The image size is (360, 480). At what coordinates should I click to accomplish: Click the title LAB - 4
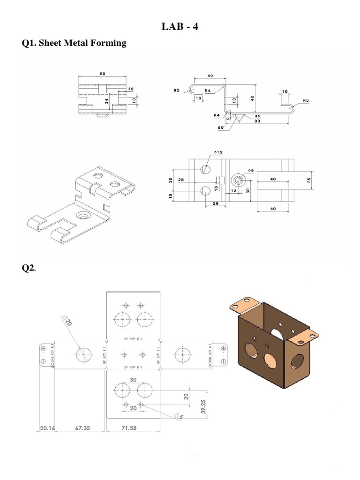pyautogui.click(x=180, y=27)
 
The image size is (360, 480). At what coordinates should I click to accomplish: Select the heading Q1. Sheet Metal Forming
pyautogui.click(x=74, y=43)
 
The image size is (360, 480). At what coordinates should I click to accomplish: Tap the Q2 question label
pyautogui.click(x=29, y=268)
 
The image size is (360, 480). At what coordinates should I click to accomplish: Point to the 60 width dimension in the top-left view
pyautogui.click(x=102, y=74)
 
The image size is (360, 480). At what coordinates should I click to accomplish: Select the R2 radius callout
pyautogui.click(x=257, y=115)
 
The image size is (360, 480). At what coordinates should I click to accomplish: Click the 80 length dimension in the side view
pyautogui.click(x=257, y=121)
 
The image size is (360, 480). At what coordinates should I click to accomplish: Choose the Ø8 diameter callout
pyautogui.click(x=251, y=171)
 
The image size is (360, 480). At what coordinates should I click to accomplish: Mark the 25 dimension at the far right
pyautogui.click(x=308, y=180)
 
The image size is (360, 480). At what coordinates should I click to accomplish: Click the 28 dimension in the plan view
pyautogui.click(x=181, y=180)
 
